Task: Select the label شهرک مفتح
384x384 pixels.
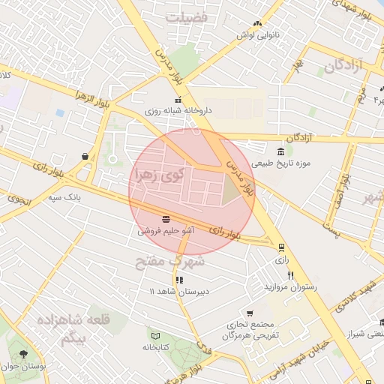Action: click(169, 262)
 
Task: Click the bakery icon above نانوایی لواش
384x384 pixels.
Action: click(258, 24)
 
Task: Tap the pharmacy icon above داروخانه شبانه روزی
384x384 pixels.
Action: click(178, 100)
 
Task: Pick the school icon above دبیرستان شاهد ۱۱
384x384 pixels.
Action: click(178, 280)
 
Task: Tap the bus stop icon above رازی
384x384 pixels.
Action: click(281, 247)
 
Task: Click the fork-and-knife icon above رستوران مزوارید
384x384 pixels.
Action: click(289, 274)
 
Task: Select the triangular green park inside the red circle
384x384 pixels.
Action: click(230, 193)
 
